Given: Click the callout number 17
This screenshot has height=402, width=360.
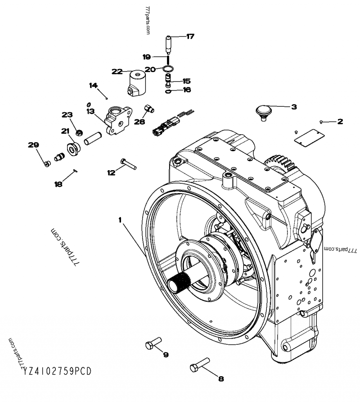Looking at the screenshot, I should [190, 36].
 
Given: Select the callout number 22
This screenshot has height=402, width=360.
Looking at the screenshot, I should [117, 71].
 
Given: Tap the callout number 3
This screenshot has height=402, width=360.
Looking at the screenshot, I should [293, 107].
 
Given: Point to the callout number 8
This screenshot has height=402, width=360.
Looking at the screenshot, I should [220, 379].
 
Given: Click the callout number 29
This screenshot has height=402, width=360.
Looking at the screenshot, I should [33, 145].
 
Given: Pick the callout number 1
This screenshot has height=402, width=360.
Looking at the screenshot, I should [120, 219].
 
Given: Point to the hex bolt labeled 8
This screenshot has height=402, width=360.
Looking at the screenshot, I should [199, 365].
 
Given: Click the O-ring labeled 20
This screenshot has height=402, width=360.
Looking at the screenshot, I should [168, 69].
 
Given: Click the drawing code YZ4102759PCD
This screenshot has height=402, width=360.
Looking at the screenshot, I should [56, 371].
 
